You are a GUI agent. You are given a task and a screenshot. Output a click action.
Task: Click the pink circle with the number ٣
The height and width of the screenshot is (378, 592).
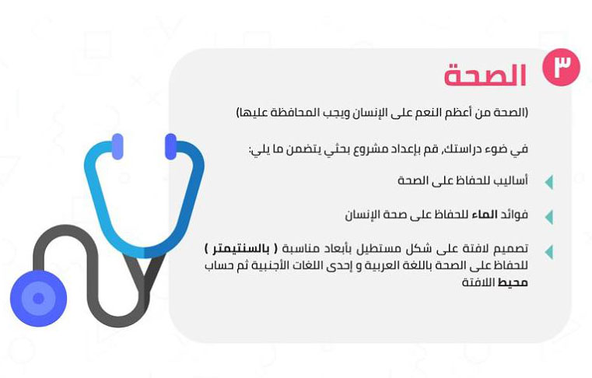[x=561, y=67]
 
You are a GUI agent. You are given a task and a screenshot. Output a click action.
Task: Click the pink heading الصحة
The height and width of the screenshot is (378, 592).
[x=485, y=75]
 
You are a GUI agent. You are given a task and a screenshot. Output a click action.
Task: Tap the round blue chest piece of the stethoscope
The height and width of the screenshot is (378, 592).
[x=39, y=299]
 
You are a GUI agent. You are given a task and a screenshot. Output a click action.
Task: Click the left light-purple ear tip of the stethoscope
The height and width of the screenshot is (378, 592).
[x=117, y=146]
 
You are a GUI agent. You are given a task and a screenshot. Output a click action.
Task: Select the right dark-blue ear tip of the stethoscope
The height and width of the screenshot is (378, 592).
[x=170, y=146]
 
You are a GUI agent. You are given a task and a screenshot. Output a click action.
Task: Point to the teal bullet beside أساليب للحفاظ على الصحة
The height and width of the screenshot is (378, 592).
[x=549, y=183]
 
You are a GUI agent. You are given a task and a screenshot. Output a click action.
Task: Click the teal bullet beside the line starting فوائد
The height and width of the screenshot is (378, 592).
[x=549, y=217]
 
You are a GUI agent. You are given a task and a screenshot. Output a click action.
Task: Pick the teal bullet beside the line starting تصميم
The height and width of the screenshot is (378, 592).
[x=549, y=252]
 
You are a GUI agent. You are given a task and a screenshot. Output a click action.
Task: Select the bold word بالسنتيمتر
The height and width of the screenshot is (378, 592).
[x=240, y=249]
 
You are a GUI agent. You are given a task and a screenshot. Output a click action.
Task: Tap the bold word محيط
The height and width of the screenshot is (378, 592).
[x=513, y=282]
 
